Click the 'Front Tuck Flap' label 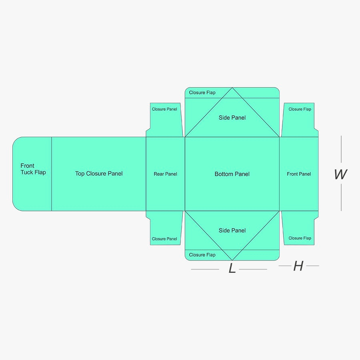click(33, 169)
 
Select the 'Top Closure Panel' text click(99, 174)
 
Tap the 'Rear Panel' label click(165, 174)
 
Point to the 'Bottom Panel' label click(232, 174)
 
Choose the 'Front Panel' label click(299, 174)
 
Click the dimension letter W click(340, 174)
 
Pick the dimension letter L click(232, 268)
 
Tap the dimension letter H click(298, 266)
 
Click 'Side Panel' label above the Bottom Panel click(232, 118)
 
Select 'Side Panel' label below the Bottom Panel click(232, 230)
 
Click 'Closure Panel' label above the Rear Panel click(164, 109)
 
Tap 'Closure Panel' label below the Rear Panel click(164, 239)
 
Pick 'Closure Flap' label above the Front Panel click(300, 109)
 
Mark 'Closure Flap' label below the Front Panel click(300, 238)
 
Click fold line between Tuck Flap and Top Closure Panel click(52, 174)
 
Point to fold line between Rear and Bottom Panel click(185, 174)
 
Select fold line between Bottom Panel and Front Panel click(280, 174)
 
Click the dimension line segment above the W click(341, 149)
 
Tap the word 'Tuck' click(27, 172)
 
